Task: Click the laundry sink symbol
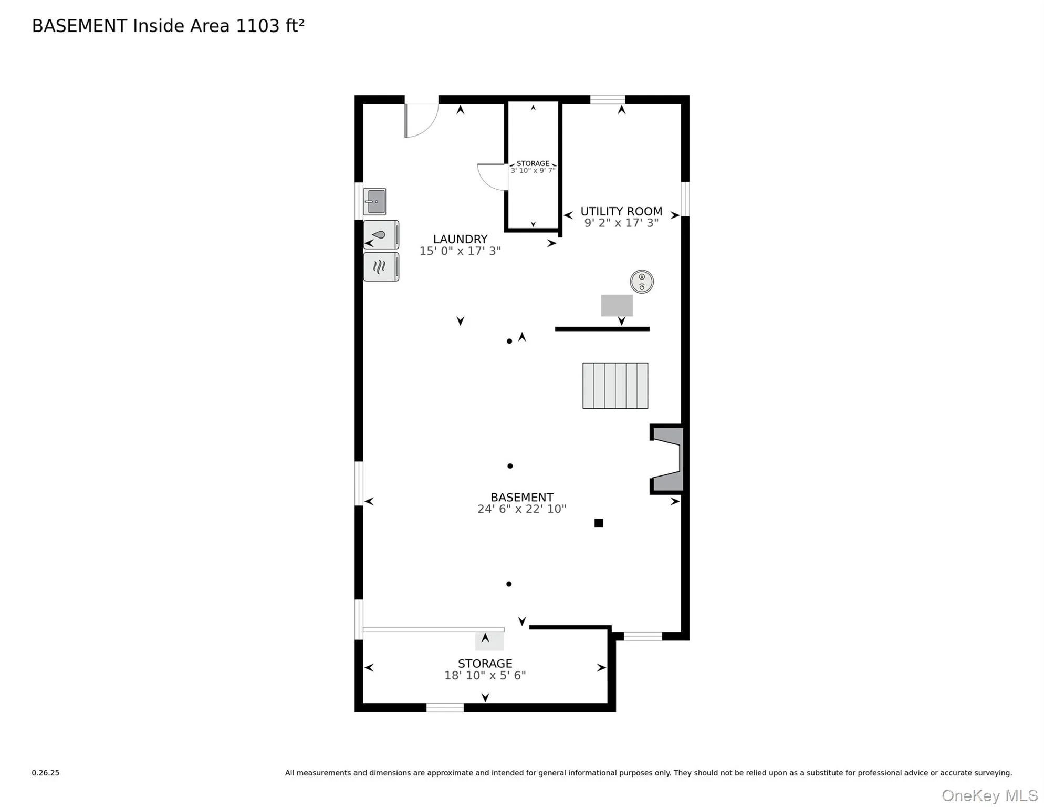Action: (x=374, y=202)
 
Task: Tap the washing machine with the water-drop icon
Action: (x=381, y=235)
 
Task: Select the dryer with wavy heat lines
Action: (x=381, y=267)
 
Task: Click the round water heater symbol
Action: (x=642, y=282)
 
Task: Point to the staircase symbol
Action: (x=615, y=386)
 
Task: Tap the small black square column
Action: (x=599, y=523)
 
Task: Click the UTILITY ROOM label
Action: (x=621, y=211)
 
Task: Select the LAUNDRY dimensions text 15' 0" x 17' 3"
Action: (x=460, y=251)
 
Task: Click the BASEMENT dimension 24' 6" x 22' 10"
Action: (x=521, y=509)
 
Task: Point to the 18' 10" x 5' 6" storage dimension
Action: (x=485, y=675)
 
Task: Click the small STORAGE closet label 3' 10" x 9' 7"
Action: (x=533, y=170)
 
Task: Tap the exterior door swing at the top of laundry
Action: (x=421, y=120)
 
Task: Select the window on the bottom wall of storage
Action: (x=445, y=708)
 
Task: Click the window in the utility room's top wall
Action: (x=608, y=99)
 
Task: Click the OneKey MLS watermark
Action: (x=989, y=795)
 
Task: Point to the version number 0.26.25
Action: (x=46, y=773)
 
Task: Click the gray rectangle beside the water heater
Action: (x=617, y=305)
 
